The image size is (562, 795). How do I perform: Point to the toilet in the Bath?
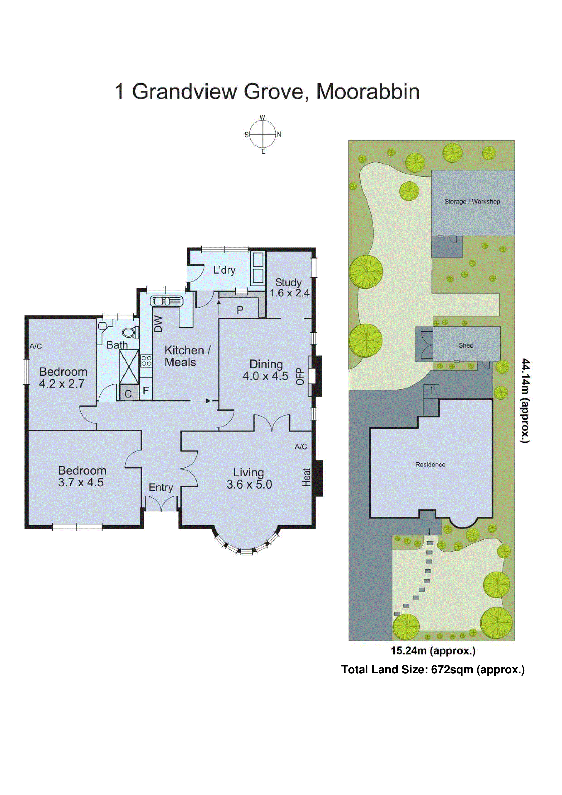[x=129, y=333]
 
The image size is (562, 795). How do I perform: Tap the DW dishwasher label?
[x=158, y=325]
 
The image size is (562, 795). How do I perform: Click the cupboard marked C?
[x=128, y=394]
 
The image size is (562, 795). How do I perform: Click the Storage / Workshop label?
[x=472, y=201]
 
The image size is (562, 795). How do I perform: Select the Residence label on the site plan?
[x=430, y=465]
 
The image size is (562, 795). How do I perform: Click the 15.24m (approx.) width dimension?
[x=433, y=651]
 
